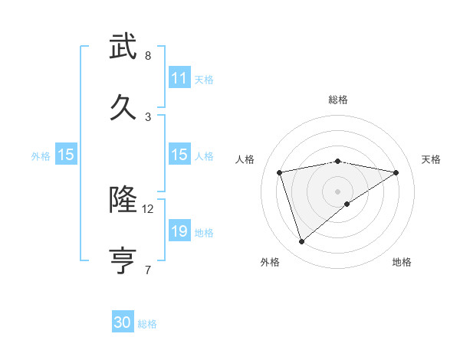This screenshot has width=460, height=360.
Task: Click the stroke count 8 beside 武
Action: [148, 56]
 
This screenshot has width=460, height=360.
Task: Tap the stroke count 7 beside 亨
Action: [148, 269]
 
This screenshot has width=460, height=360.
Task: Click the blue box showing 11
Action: [179, 78]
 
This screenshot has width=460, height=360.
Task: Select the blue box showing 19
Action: [179, 231]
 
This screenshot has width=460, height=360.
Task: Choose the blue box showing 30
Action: [123, 322]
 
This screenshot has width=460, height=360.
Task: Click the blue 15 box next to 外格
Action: [66, 155]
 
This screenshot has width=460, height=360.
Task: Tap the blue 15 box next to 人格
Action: [179, 155]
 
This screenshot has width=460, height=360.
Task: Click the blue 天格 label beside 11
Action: [204, 79]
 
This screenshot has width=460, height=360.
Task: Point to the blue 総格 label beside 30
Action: [147, 324]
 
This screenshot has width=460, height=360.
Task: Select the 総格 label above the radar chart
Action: [338, 100]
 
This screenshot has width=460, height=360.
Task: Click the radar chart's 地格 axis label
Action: [402, 262]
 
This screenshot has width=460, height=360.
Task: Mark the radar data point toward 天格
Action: [396, 172]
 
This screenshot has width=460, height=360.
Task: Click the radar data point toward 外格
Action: [301, 242]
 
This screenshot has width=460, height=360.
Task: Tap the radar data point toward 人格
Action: [280, 172]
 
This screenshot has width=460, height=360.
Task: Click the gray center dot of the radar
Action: [338, 191]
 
